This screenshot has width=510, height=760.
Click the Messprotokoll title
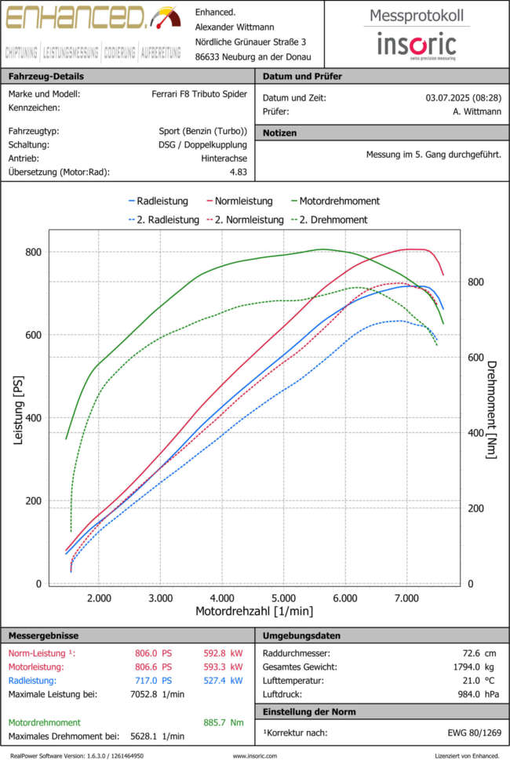click(x=416, y=16)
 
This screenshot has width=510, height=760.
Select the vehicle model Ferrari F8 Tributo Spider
click(x=199, y=94)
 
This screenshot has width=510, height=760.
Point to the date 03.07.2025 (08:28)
click(x=463, y=98)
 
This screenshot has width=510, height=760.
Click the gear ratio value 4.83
click(x=238, y=172)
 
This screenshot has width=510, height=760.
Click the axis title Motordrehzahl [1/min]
click(x=254, y=611)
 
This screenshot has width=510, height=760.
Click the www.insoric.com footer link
click(x=254, y=755)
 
